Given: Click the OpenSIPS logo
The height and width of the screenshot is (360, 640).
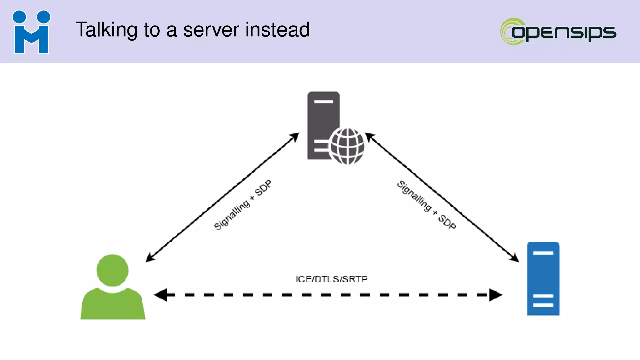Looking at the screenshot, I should (x=558, y=32).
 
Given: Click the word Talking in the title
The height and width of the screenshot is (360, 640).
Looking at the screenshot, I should (x=106, y=30).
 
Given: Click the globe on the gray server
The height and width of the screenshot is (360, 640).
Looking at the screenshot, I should (x=347, y=146).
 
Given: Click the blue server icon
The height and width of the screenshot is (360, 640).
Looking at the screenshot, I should (x=543, y=278).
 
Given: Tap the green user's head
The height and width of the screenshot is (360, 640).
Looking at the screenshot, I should (x=112, y=270).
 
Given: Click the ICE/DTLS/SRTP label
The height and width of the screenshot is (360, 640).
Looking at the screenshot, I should (x=332, y=279).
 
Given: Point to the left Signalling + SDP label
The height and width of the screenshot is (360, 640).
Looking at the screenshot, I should (x=242, y=205).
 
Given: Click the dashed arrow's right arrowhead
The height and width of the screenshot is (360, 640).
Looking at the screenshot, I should (x=496, y=295).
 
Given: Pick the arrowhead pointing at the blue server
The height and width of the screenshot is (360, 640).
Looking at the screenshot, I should (x=514, y=258).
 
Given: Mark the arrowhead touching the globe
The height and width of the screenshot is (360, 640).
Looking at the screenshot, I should (x=369, y=136).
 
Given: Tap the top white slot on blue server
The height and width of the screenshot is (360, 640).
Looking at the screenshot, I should (x=543, y=253).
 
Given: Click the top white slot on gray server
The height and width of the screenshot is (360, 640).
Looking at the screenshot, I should (x=323, y=102).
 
